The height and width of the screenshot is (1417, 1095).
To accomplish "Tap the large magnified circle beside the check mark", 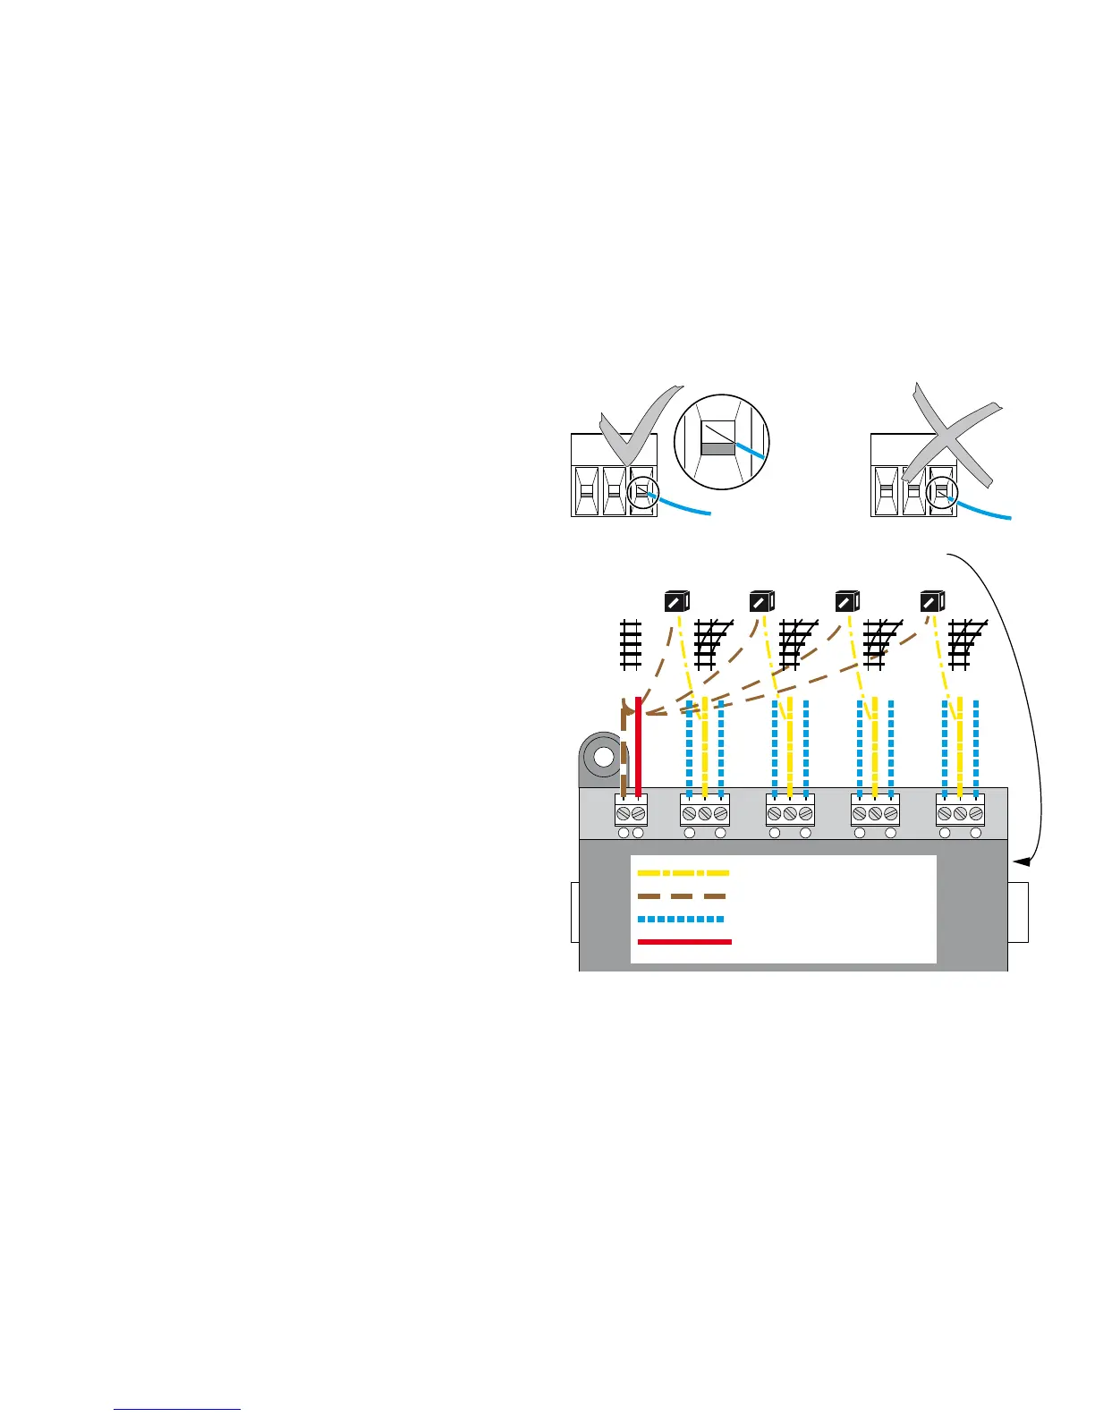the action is pos(721,442).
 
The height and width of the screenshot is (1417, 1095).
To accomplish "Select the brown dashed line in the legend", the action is pos(682,895).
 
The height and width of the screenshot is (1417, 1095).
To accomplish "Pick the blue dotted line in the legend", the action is pos(681,919).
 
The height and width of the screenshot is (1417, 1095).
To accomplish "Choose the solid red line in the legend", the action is pos(684,942).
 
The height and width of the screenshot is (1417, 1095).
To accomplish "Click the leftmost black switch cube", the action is pos(675,602).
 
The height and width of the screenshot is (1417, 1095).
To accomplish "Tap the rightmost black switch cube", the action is pos(932,602).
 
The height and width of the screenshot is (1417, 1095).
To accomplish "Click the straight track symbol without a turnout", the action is pos(631,644).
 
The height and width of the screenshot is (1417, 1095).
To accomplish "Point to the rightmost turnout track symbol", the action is pos(965,644).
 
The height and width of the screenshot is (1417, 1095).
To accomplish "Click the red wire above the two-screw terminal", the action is pos(638,742).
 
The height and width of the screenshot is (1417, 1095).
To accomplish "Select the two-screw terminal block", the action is pos(631,813).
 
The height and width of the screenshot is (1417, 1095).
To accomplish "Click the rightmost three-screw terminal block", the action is pos(960,813).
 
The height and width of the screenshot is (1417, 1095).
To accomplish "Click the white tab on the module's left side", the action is pos(574,912).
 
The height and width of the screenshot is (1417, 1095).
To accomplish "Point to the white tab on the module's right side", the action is pos(1018,912).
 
